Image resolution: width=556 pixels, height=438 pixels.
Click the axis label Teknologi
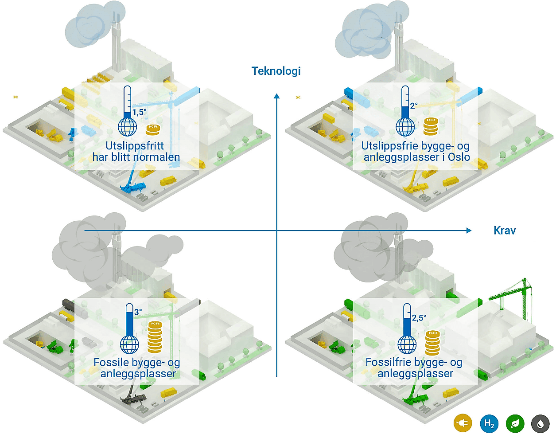point(276,71)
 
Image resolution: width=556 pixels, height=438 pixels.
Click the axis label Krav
point(505,231)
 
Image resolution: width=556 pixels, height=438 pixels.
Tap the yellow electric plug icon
point(463,423)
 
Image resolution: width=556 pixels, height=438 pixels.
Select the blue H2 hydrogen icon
point(489,423)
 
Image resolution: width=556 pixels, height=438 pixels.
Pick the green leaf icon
point(515,423)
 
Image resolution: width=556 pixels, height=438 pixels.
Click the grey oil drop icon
point(540,423)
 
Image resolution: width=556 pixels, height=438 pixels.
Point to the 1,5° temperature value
point(140,112)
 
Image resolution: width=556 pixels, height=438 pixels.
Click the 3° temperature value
point(138,312)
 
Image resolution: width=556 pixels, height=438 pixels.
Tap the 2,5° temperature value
point(419,318)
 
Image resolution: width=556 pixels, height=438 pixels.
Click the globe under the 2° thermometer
point(405,127)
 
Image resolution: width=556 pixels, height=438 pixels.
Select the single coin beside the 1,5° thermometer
point(153,129)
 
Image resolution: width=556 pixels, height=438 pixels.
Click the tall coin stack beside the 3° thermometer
point(155,337)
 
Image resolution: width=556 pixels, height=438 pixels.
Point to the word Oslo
point(459,157)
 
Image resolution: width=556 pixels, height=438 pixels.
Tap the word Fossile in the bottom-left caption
point(111,363)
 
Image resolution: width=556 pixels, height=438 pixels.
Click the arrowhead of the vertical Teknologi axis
point(277,96)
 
